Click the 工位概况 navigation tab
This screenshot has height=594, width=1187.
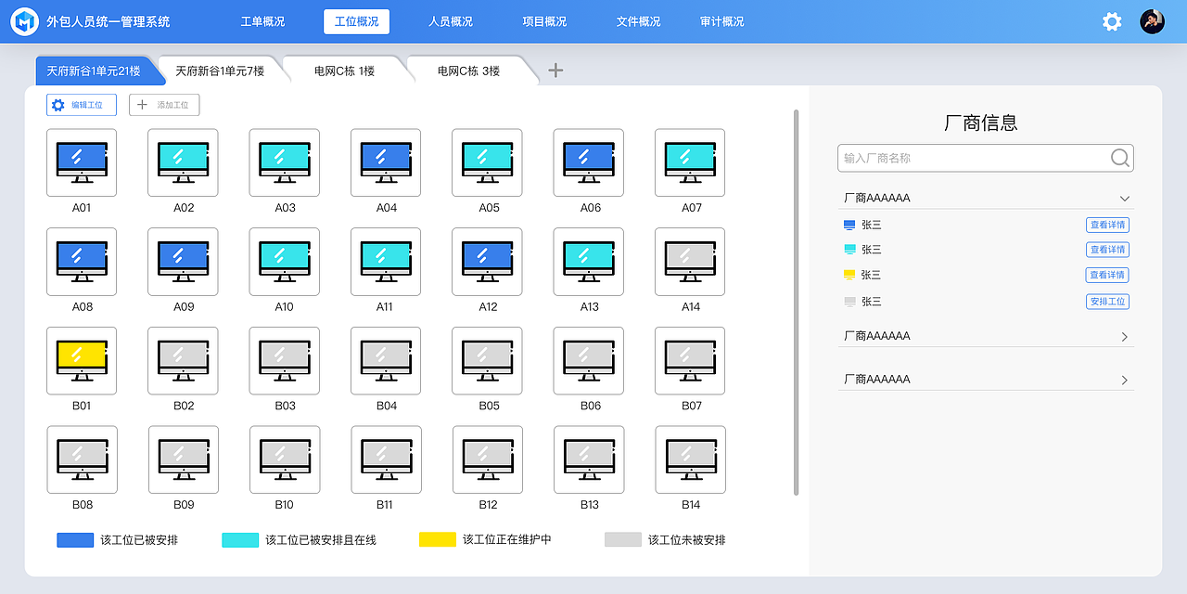coord(356,21)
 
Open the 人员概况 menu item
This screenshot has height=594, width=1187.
coord(451,21)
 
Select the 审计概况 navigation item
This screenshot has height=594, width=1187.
coord(721,21)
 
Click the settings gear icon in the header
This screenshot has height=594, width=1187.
coord(1112,21)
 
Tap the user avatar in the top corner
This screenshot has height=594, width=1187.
coord(1152,21)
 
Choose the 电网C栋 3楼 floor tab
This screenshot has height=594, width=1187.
coord(468,71)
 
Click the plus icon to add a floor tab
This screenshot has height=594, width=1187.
coord(555,70)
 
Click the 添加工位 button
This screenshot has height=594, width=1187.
coord(164,105)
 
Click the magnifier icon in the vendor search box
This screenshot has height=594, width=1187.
coord(1120,158)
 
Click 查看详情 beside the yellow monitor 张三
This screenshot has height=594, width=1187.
coord(1107,275)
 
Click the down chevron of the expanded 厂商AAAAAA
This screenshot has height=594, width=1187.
coord(1125,199)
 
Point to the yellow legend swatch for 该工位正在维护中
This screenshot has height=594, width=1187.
coord(437,539)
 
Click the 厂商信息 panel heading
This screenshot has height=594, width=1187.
coord(981,123)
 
